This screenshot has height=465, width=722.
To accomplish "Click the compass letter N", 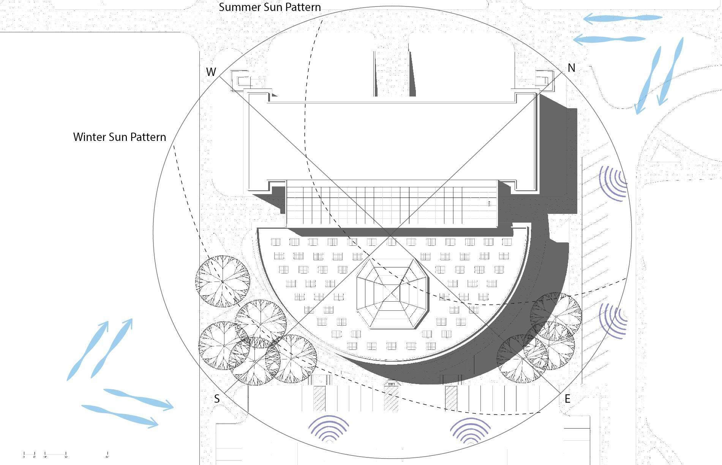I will coord(571,68).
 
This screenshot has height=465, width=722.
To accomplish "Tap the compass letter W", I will coord(211,72).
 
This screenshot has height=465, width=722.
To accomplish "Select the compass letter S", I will coord(216,399).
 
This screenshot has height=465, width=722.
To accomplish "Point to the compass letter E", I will coord(567,399).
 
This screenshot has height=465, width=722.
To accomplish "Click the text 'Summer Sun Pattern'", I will coord(270,7).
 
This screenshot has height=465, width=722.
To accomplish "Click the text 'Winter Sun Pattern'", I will coord(120,137).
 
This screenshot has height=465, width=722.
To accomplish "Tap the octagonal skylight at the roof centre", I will coord(391,293).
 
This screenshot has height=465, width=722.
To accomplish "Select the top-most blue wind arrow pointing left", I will coord(623,18).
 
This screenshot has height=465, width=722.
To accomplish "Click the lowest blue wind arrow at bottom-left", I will coord(120,416).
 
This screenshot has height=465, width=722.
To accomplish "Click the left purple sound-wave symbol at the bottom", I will coord(329,429).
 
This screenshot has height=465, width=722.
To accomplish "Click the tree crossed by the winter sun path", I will coord(223,282).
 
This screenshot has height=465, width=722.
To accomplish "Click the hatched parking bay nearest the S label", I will coord(319,399).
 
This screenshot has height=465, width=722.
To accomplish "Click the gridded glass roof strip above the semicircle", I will coord(391,204).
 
